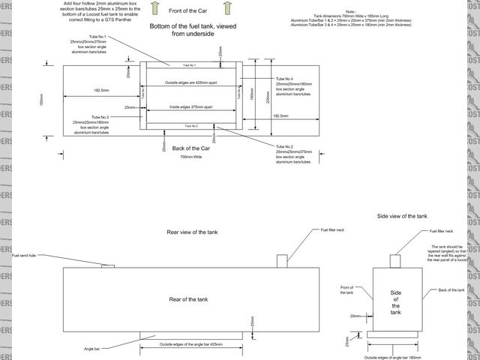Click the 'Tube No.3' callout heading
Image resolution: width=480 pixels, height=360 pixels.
pos(100,117)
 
